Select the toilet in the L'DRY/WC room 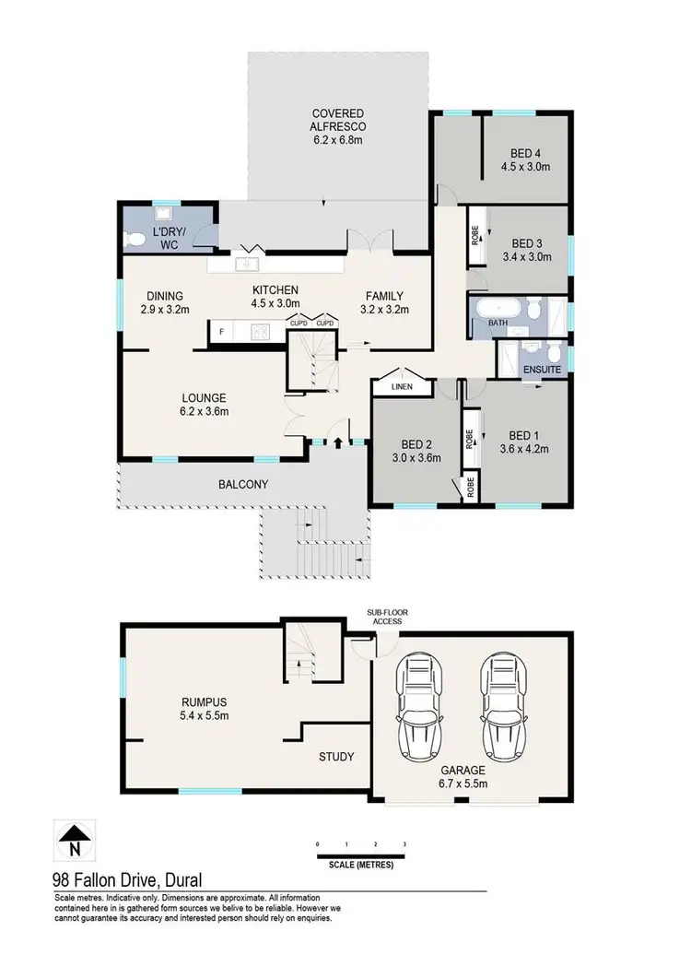coord(137,239)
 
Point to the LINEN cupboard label coord(399,387)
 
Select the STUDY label coord(336,757)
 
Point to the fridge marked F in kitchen coord(222,330)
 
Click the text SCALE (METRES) coord(361,865)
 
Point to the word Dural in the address coord(181,880)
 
